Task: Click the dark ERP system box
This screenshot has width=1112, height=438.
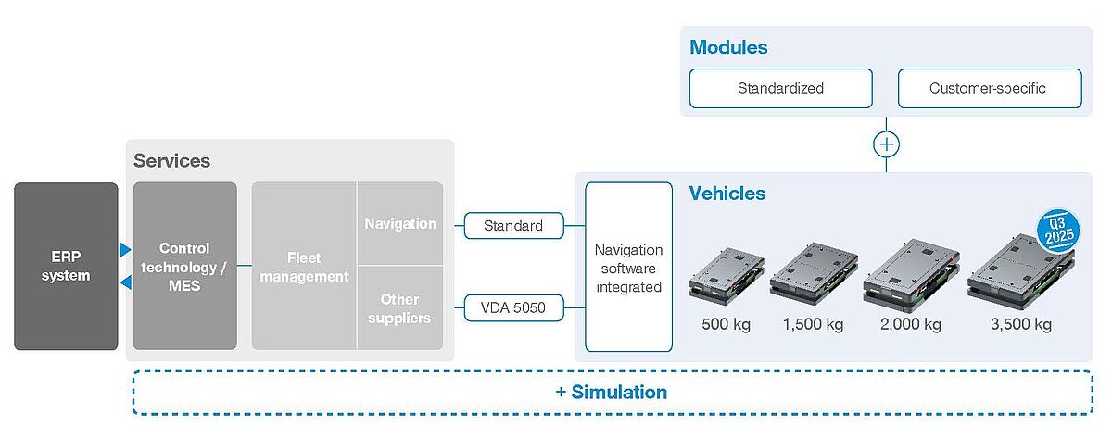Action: tap(66, 266)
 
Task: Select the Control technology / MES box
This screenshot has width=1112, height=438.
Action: tap(185, 266)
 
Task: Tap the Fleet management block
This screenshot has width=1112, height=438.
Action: tap(304, 266)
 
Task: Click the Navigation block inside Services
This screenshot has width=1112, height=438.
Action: tap(400, 223)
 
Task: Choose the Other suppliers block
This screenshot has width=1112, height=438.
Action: tap(400, 308)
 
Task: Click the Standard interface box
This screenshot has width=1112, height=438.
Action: tap(513, 226)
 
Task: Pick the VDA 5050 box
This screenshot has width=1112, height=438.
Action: tap(513, 307)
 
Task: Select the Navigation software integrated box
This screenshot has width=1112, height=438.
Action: tap(628, 267)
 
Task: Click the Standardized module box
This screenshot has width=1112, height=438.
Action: tap(781, 88)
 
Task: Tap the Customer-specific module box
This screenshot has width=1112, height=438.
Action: tap(990, 88)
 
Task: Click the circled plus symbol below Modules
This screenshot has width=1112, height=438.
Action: tap(886, 144)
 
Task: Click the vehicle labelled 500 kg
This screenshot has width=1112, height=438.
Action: tap(727, 274)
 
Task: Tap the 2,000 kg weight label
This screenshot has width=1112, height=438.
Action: tap(911, 324)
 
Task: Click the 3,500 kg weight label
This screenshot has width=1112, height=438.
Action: tap(1021, 324)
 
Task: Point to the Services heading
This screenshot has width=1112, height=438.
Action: tap(171, 161)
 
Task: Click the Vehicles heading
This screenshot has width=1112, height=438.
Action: tap(727, 194)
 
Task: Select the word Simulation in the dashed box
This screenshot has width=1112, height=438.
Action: tap(620, 392)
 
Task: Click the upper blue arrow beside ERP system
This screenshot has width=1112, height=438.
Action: tap(125, 249)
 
